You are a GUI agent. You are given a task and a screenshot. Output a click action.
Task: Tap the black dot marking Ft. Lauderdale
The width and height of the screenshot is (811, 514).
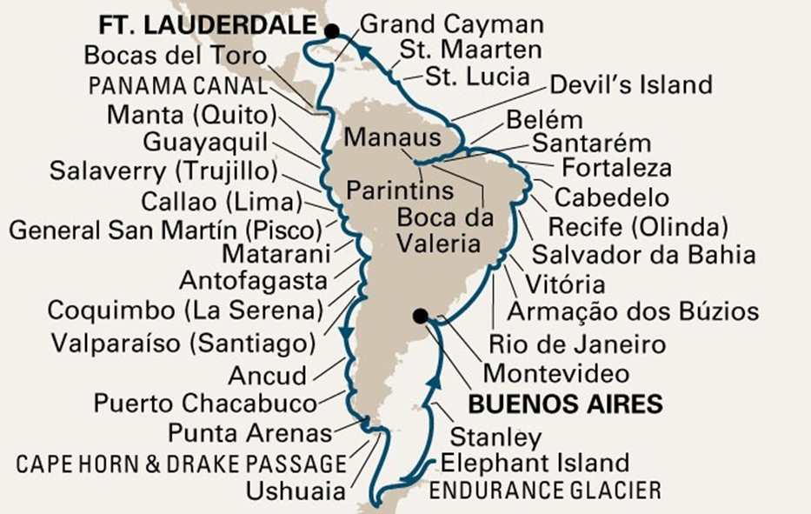point(331,31)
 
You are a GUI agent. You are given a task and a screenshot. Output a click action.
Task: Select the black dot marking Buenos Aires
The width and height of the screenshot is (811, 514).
point(422,316)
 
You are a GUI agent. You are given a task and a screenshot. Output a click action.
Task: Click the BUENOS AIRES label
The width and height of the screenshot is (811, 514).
point(565,404)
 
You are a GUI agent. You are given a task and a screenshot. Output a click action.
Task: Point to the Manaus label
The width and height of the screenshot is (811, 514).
point(388,137)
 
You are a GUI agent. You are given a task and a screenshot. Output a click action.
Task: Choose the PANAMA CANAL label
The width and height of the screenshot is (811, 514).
point(177,87)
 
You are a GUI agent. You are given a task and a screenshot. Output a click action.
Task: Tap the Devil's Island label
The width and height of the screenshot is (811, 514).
point(631,85)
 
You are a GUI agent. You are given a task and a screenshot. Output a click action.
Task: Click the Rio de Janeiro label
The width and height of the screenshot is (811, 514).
point(577,344)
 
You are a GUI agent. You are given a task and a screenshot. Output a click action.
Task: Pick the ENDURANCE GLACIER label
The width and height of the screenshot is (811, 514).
point(545,490)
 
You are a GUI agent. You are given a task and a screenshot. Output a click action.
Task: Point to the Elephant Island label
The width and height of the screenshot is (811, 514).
point(535,463)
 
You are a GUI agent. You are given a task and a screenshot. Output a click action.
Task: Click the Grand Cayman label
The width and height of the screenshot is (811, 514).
point(450,24)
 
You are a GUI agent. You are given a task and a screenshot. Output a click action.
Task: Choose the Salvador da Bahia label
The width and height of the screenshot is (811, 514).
point(643,255)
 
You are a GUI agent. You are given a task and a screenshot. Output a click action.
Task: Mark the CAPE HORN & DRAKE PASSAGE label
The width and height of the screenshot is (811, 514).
point(180,464)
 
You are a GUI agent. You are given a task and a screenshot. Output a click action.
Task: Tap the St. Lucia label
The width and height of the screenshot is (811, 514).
point(477,76)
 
